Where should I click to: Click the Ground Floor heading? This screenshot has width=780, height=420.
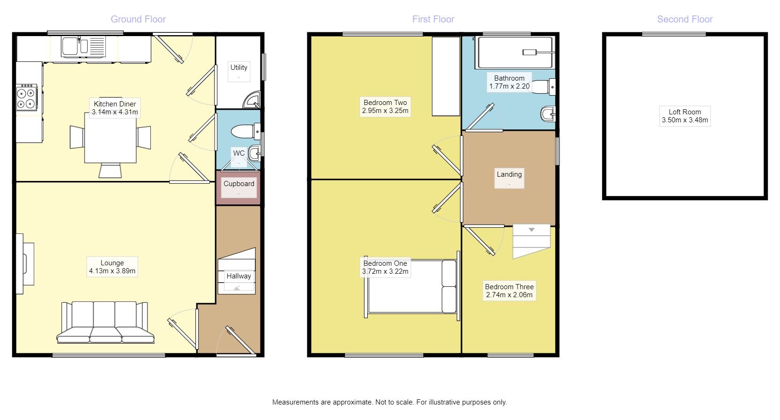pyautogui.click(x=138, y=19)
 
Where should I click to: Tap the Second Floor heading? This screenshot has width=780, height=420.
pyautogui.click(x=684, y=19)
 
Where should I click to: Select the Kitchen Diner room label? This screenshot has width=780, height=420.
pyautogui.click(x=115, y=104)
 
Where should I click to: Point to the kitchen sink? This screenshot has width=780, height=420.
pyautogui.click(x=83, y=46)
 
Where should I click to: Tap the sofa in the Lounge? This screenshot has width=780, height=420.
pyautogui.click(x=105, y=322)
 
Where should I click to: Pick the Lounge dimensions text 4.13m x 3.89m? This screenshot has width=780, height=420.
pyautogui.click(x=112, y=271)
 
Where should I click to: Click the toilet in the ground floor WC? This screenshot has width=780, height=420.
pyautogui.click(x=245, y=131)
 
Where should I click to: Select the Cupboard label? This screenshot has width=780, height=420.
pyautogui.click(x=239, y=184)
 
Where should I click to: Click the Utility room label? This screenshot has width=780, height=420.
pyautogui.click(x=239, y=67)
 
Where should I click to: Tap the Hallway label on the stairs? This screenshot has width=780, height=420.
pyautogui.click(x=239, y=276)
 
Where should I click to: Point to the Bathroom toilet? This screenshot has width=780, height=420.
pyautogui.click(x=543, y=87)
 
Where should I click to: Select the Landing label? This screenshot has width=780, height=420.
pyautogui.click(x=509, y=174)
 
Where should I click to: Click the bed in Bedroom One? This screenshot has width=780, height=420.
pyautogui.click(x=412, y=286)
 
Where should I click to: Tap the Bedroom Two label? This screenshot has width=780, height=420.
pyautogui.click(x=385, y=103)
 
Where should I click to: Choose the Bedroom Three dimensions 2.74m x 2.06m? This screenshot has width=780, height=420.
pyautogui.click(x=509, y=295)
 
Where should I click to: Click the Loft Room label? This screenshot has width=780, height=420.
pyautogui.click(x=684, y=112)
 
